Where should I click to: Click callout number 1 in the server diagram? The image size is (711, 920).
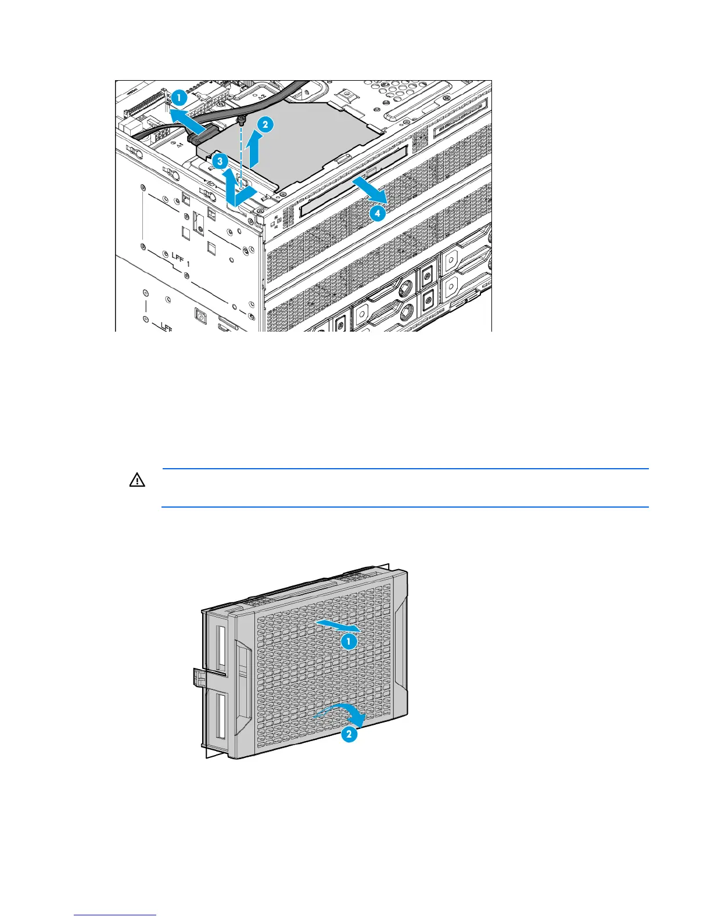point(179,98)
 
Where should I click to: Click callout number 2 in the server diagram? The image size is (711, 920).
point(264,124)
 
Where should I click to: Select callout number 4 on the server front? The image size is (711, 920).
point(377,213)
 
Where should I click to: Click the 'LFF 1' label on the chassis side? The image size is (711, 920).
point(180,259)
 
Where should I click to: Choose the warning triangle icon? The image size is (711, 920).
point(137,480)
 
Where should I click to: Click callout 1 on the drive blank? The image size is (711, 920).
point(348,641)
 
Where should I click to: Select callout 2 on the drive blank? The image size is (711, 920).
point(349,734)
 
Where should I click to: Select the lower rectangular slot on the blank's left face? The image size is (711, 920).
point(220,716)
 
